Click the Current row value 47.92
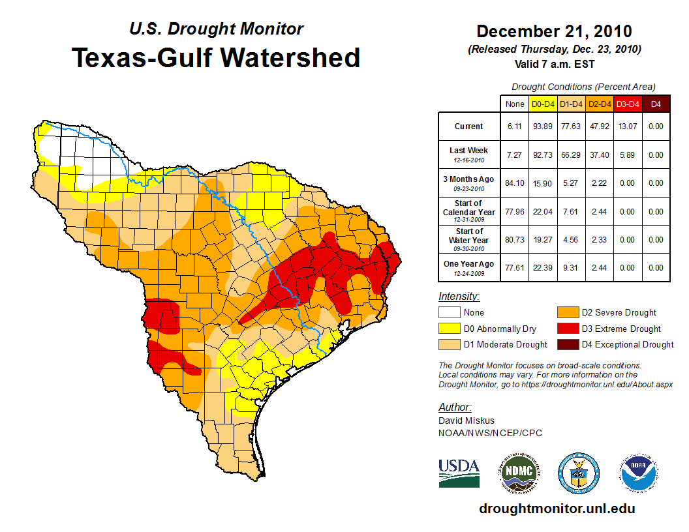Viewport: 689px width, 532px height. coord(598,126)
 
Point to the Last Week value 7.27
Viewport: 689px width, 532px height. coord(515,155)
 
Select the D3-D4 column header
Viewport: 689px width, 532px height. coord(627,104)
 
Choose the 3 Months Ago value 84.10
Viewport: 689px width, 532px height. coord(515,183)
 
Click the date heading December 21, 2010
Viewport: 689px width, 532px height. coord(554,31)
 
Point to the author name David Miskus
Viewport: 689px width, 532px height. coord(467,421)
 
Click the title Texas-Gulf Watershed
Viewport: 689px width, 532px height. coord(216,57)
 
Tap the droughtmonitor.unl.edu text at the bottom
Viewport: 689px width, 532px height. coord(557,509)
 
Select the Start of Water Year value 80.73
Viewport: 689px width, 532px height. coord(515,239)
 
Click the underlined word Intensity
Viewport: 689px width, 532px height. coord(459,297)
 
